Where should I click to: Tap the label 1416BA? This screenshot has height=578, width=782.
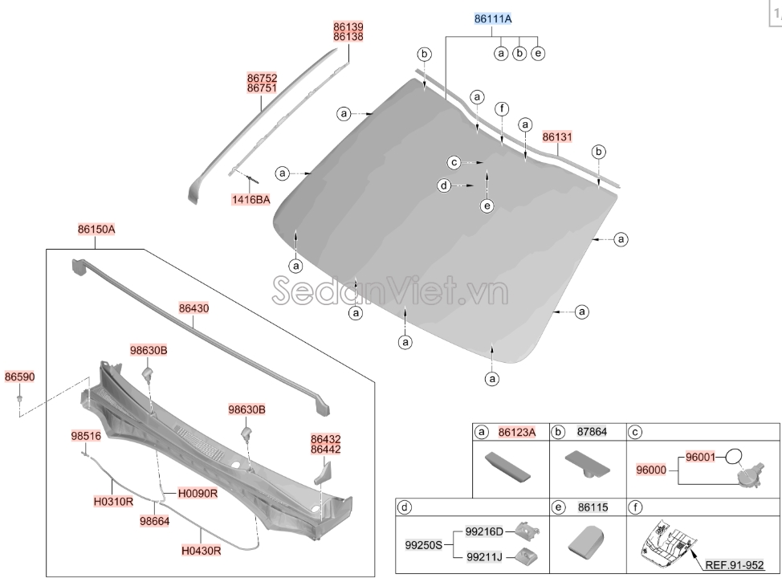pyautogui.click(x=251, y=200)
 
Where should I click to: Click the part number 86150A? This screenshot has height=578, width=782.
pyautogui.click(x=97, y=229)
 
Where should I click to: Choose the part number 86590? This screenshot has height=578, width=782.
pyautogui.click(x=19, y=377)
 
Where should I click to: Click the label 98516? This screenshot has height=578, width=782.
pyautogui.click(x=86, y=436)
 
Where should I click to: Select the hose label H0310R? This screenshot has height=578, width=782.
pyautogui.click(x=112, y=500)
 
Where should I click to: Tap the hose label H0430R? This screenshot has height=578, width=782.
pyautogui.click(x=200, y=550)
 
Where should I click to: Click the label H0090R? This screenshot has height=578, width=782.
pyautogui.click(x=198, y=493)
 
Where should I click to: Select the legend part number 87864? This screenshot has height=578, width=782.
pyautogui.click(x=592, y=432)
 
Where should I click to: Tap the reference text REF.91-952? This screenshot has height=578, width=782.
pyautogui.click(x=734, y=564)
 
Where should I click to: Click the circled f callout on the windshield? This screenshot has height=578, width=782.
pyautogui.click(x=501, y=108)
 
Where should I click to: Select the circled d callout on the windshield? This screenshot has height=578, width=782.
pyautogui.click(x=443, y=185)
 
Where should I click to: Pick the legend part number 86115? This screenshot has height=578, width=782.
pyautogui.click(x=592, y=507)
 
